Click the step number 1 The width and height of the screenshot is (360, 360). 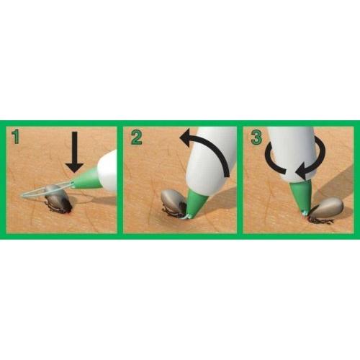(16, 137)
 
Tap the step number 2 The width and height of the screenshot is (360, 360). (136, 137)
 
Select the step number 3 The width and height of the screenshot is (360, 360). (256, 137)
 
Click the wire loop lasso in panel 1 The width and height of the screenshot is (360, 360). (45, 189)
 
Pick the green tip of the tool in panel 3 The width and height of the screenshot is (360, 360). (301, 194)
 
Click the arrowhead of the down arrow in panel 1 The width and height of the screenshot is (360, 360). (75, 168)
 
